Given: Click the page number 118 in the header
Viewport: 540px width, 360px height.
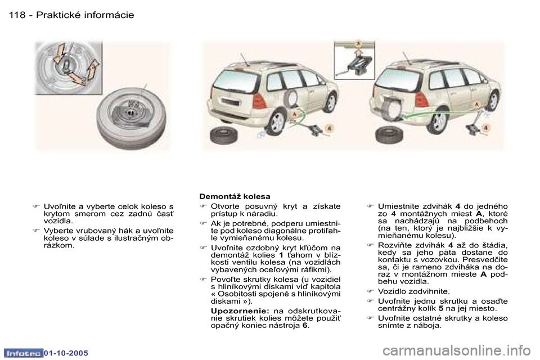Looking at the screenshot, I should [17, 15].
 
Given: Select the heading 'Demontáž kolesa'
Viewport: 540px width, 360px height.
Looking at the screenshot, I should [235, 196].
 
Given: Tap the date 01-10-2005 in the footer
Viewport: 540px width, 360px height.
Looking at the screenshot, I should [65, 353].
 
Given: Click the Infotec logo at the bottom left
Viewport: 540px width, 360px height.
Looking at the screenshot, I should [24, 353].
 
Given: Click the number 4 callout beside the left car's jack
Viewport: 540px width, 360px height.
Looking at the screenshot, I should [329, 129].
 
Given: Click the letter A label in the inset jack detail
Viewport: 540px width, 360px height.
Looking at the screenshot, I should [358, 43].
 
